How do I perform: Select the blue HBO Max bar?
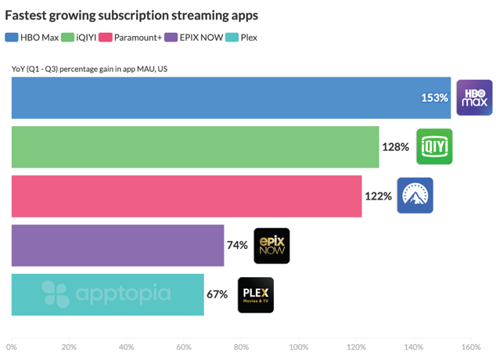pyautogui.click(x=227, y=98)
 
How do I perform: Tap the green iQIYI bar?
pyautogui.click(x=196, y=146)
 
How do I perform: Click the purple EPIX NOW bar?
pyautogui.click(x=117, y=245)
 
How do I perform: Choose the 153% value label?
pyautogui.click(x=434, y=98)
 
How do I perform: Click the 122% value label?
pyautogui.click(x=378, y=196)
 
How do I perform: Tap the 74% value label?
pyautogui.click(x=237, y=245)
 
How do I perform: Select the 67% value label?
pyautogui.click(x=217, y=294)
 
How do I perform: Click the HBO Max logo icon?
pyautogui.click(x=474, y=98)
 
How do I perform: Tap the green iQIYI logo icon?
pyautogui.click(x=434, y=146)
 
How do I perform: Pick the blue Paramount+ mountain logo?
pyautogui.click(x=415, y=196)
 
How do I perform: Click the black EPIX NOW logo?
pyautogui.click(x=271, y=245)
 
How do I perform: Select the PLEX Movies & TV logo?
pyautogui.click(x=256, y=294)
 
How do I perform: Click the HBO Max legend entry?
pyautogui.click(x=33, y=37)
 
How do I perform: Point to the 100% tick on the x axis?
pyautogui.click(x=299, y=347)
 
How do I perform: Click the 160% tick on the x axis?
pyautogui.click(x=471, y=347)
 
